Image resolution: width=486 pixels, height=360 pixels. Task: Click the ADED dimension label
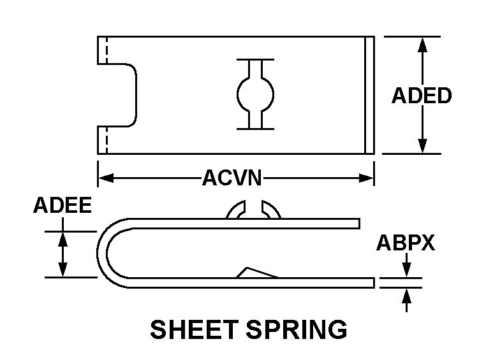421,96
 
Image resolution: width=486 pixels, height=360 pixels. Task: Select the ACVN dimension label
232,178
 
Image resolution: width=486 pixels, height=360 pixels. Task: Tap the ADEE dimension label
62,205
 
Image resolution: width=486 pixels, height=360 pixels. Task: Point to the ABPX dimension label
405,243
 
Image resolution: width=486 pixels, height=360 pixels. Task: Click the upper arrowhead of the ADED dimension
422,43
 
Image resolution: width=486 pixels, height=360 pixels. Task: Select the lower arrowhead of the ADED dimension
422,147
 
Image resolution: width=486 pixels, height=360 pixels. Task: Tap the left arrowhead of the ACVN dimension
104,178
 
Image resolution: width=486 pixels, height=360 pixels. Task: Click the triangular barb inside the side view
256,272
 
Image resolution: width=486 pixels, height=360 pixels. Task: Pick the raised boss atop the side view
254,210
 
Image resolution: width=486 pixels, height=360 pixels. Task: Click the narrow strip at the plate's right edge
369,95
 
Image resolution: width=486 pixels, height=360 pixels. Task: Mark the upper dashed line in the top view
107,50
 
